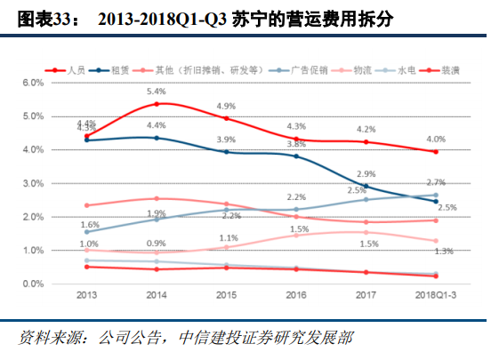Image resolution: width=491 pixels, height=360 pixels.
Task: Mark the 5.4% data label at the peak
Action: (x=157, y=92)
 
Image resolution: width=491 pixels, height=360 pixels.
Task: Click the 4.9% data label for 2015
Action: (x=226, y=107)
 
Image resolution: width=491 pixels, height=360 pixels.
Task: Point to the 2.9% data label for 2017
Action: (x=366, y=174)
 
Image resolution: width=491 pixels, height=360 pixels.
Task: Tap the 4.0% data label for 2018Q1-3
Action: (x=436, y=139)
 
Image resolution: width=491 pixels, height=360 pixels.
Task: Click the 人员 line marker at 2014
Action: (x=157, y=104)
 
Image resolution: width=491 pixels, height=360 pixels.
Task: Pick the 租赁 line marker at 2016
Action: (x=296, y=156)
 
